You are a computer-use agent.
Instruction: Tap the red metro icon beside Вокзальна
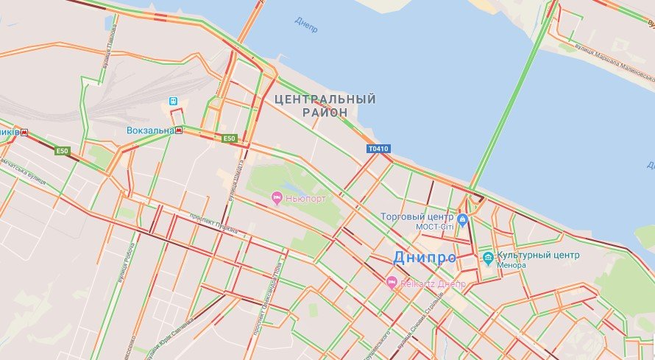click(179, 130)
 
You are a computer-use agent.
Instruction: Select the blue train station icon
click(174, 102)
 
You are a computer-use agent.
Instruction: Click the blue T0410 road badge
click(378, 149)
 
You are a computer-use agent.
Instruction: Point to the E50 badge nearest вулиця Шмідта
click(229, 138)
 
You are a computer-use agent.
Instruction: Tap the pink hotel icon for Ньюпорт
click(277, 197)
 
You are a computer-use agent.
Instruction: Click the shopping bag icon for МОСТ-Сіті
click(462, 219)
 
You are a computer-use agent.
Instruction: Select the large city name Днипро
click(425, 258)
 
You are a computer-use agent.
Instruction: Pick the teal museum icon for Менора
click(487, 257)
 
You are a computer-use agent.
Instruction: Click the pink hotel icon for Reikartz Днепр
click(392, 282)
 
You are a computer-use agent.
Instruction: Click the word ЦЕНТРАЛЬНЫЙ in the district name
click(325, 99)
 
